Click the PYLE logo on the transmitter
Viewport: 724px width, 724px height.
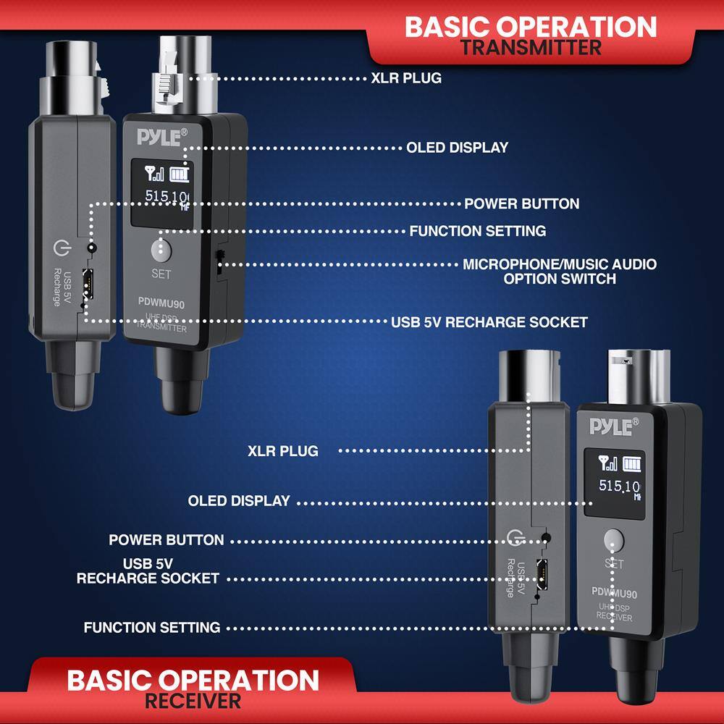162,136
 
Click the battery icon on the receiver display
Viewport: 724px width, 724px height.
633,463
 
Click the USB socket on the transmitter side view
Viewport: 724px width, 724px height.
88,283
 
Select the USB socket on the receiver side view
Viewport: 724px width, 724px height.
540,571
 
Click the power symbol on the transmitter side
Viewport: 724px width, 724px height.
61,250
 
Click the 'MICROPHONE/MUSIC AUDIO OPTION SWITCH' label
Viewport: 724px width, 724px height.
560,271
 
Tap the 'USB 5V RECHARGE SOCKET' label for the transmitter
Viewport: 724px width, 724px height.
489,321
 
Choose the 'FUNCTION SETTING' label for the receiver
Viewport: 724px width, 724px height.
152,627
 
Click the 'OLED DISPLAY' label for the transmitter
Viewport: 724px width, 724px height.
457,148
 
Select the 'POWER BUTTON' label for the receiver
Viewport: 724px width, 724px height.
166,540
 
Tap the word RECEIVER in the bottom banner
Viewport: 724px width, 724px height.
193,701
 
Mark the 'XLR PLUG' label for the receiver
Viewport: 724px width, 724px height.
282,451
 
